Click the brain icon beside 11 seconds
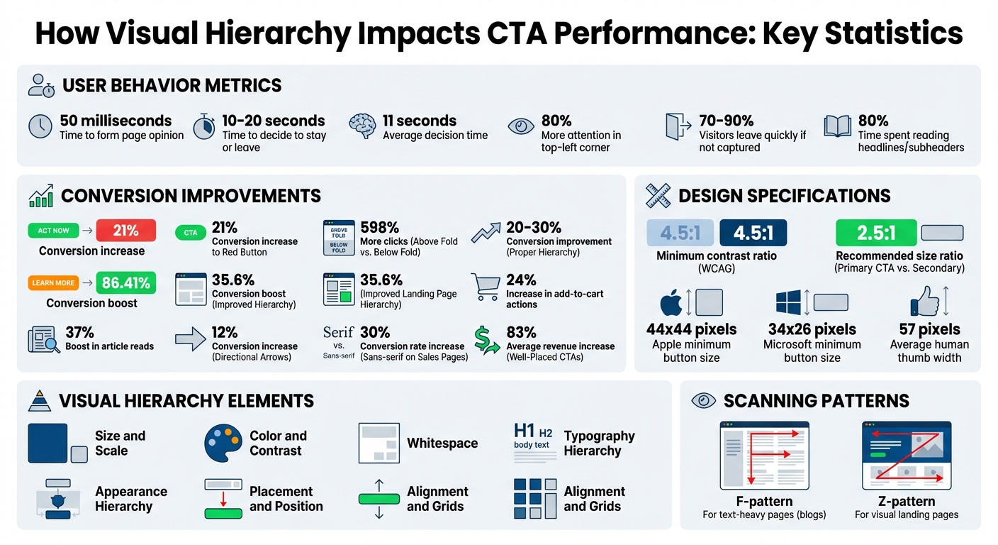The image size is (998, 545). tap(362, 126)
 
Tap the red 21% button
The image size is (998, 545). tap(125, 230)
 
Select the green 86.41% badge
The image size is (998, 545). tap(125, 283)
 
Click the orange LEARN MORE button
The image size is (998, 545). tap(53, 283)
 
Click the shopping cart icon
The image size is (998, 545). tap(485, 287)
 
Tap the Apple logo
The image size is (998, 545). tap(671, 303)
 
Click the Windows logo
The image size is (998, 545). tap(787, 302)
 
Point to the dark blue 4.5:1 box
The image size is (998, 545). tap(752, 233)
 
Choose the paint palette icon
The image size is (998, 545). tap(223, 444)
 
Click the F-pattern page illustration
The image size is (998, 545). tap(764, 455)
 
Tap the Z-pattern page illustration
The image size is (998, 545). tap(907, 455)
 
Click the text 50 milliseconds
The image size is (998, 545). tap(116, 121)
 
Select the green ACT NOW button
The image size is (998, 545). tap(53, 231)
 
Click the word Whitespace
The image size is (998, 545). tap(442, 444)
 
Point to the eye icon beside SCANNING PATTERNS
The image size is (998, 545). tap(703, 400)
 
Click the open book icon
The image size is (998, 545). tap(836, 127)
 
